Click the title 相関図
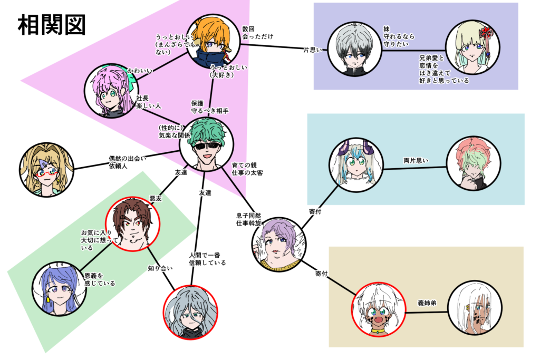tap(51, 24)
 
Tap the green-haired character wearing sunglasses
tap(206, 143)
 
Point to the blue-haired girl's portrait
tap(59, 288)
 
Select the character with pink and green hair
tap(472, 163)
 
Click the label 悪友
tap(156, 199)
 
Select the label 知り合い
tap(159, 268)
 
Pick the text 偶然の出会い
tap(127, 158)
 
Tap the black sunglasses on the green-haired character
tap(206, 146)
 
